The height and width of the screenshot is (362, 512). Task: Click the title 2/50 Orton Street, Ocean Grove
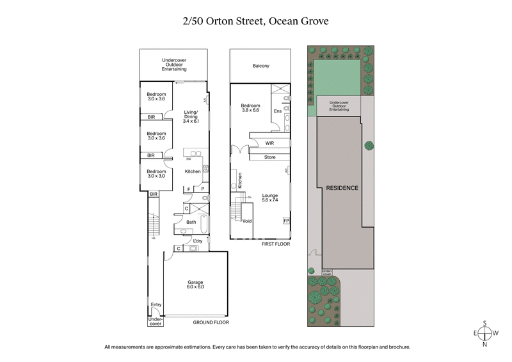click(x=256, y=22)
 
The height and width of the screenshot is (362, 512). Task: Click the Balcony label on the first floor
click(x=260, y=66)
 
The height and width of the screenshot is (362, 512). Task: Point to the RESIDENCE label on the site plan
click(x=342, y=188)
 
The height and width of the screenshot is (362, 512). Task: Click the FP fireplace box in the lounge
click(x=285, y=221)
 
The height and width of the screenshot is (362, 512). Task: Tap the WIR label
click(x=269, y=143)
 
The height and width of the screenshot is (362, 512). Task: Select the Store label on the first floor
click(x=269, y=157)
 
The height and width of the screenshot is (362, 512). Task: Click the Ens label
click(x=277, y=111)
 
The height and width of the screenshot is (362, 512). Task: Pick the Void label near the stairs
click(x=247, y=221)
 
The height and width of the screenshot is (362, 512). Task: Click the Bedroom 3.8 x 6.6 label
click(x=250, y=108)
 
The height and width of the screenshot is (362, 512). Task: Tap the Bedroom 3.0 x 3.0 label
click(x=156, y=173)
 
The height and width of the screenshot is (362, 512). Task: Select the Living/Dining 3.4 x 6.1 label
click(x=191, y=116)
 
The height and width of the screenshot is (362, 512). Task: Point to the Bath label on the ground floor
click(x=191, y=222)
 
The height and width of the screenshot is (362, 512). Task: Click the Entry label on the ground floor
click(x=156, y=304)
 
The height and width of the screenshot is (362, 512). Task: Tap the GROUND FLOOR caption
click(x=211, y=323)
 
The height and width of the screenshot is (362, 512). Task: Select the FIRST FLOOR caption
click(x=276, y=244)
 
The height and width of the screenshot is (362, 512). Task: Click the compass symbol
click(x=486, y=333)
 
